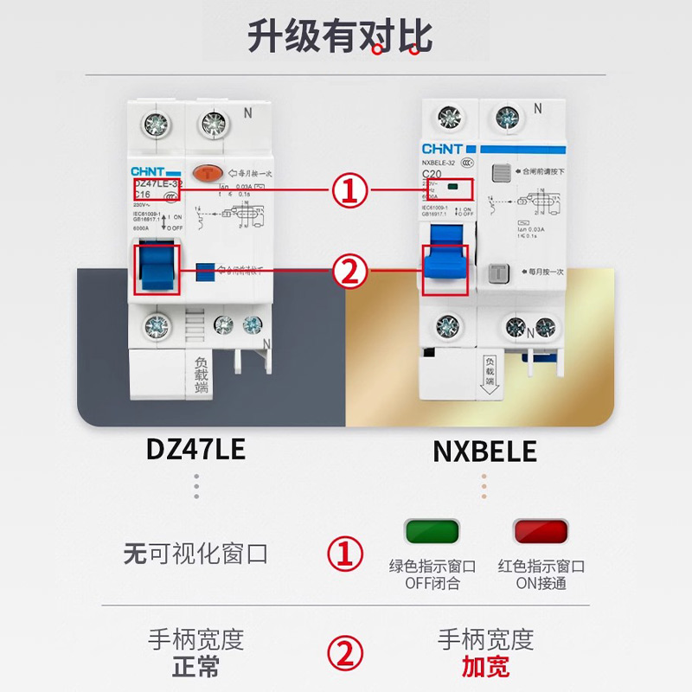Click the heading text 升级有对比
click(x=340, y=36)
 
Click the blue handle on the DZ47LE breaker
click(x=157, y=269)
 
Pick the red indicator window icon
click(x=541, y=530)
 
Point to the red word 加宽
click(x=485, y=666)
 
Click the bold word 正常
click(x=195, y=666)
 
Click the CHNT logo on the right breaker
click(x=442, y=149)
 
